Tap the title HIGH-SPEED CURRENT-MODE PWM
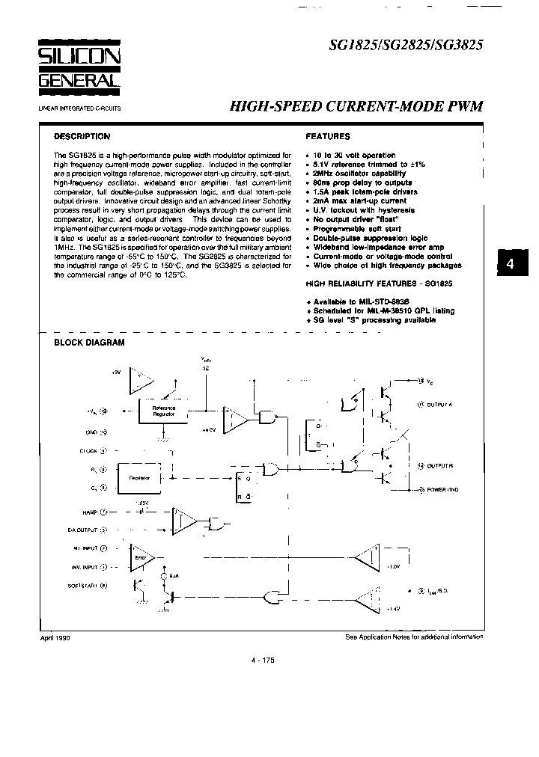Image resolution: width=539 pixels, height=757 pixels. click(356, 106)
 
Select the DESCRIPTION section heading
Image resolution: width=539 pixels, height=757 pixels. click(82, 137)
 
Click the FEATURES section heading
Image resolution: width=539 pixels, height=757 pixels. click(328, 137)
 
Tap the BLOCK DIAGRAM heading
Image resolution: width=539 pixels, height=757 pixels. click(89, 343)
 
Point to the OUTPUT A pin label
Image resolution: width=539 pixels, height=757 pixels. click(441, 405)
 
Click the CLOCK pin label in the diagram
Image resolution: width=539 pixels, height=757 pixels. click(88, 450)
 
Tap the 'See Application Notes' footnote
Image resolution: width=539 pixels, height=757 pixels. click(414, 637)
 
